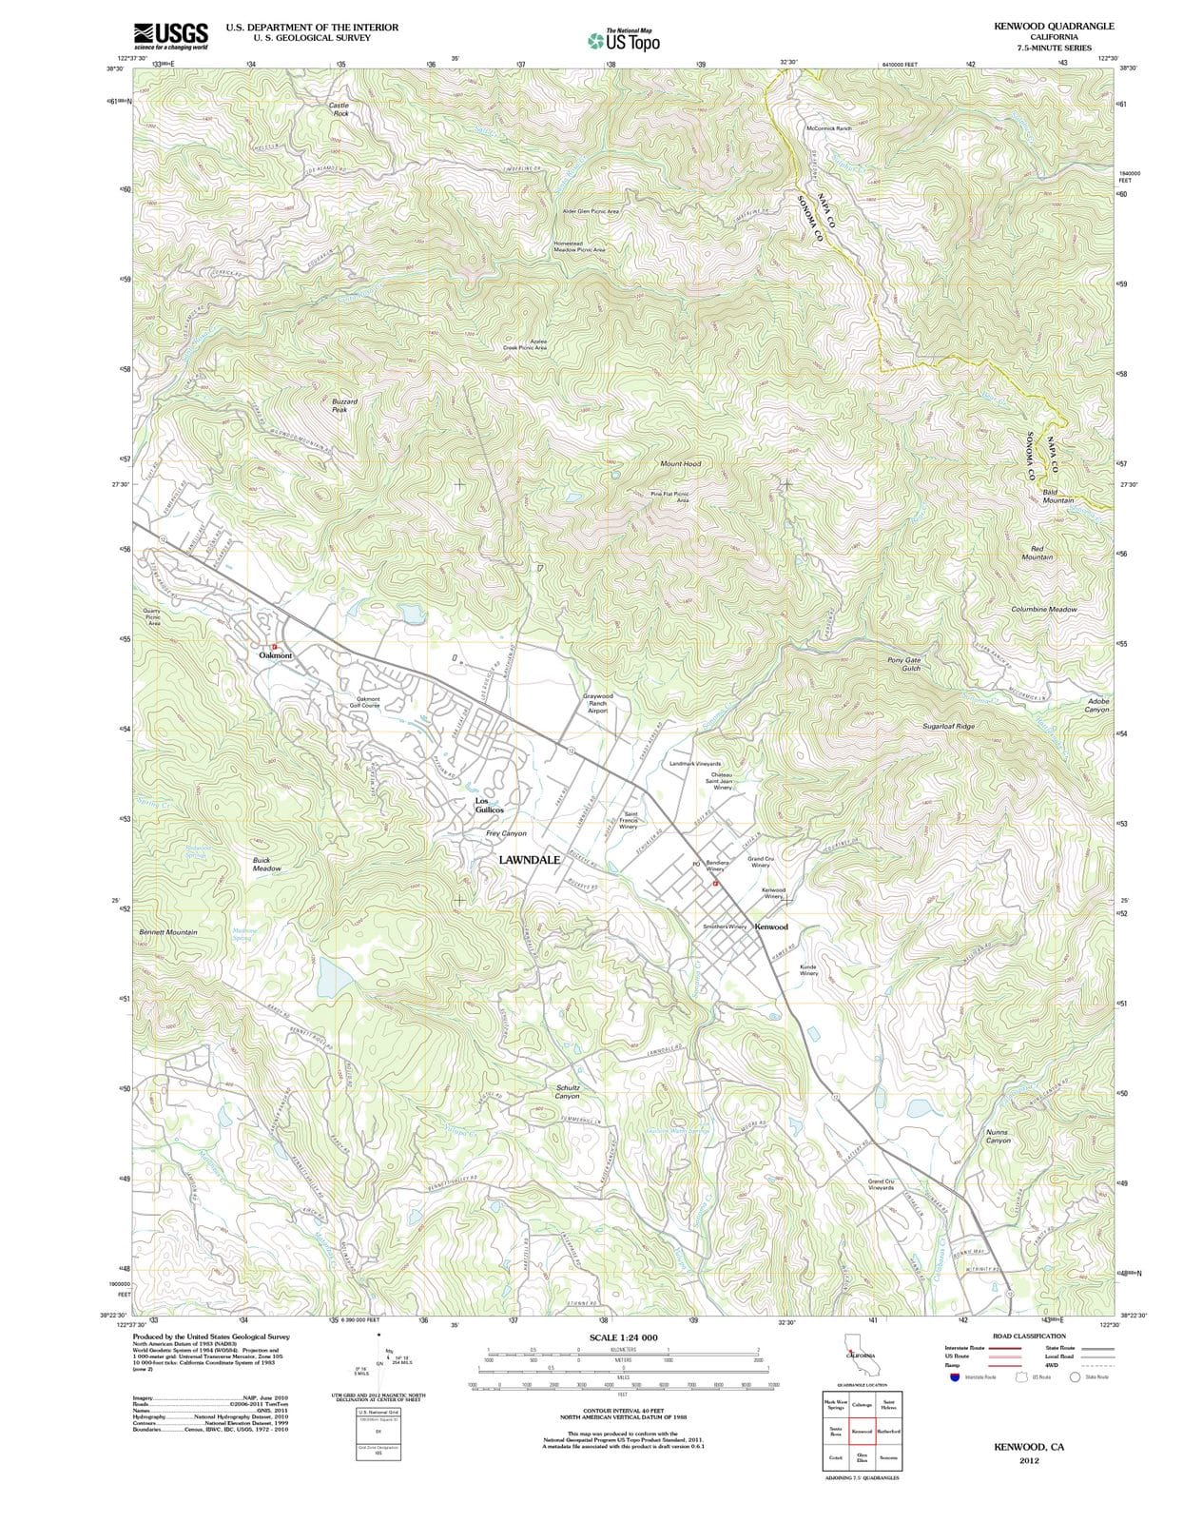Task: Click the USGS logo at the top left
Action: click(171, 35)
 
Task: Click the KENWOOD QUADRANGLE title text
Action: click(1054, 27)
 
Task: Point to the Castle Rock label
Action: click(339, 108)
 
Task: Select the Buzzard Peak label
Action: click(344, 405)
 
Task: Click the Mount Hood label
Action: click(680, 463)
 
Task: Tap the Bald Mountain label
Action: click(1057, 496)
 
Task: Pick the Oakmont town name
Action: click(276, 655)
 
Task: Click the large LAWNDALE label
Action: click(530, 859)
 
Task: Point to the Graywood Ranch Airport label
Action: click(598, 703)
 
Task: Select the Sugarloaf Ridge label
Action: click(948, 726)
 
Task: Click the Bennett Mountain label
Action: click(168, 932)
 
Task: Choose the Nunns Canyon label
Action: click(998, 1136)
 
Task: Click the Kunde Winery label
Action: click(808, 969)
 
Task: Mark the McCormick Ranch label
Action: click(828, 127)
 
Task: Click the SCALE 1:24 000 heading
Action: click(623, 1337)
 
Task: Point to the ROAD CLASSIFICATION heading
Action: click(1029, 1336)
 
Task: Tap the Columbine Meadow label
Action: click(1044, 609)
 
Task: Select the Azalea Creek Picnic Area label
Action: click(525, 344)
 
